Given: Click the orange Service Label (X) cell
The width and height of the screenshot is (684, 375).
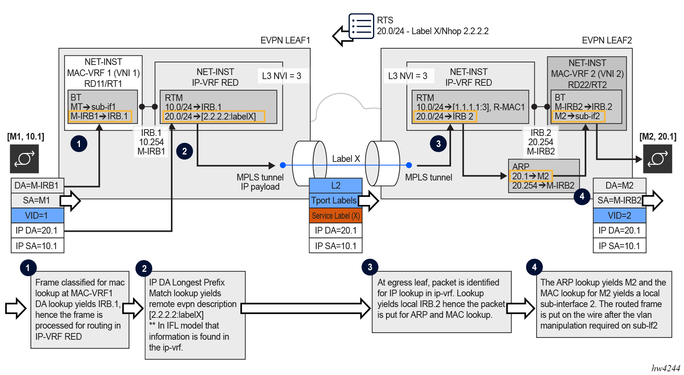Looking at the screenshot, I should click(x=335, y=216).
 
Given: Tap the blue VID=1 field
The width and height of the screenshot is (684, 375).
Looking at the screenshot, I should click(x=37, y=215).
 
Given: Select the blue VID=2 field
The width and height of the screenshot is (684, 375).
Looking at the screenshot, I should click(x=619, y=215).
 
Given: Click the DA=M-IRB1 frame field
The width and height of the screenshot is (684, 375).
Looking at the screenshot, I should click(x=37, y=185).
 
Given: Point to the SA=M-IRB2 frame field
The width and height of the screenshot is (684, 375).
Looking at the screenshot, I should click(x=619, y=200).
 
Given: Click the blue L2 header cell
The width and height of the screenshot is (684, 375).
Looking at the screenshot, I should click(x=335, y=185).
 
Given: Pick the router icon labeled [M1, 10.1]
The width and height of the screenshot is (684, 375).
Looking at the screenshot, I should click(x=24, y=159).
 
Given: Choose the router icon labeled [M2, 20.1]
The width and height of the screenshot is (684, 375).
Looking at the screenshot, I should click(x=657, y=159).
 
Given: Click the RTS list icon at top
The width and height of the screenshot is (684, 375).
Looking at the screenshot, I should click(x=361, y=26).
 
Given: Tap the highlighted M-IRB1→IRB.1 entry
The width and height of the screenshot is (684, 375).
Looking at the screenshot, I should click(x=100, y=116).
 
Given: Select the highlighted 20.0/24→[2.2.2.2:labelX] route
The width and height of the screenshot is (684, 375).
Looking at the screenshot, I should click(x=213, y=117).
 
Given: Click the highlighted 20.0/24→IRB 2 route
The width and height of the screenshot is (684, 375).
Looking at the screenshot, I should click(x=445, y=117).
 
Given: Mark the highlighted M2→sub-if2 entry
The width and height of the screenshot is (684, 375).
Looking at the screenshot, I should click(x=578, y=116).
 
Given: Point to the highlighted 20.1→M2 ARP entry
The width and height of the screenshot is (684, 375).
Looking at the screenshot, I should click(x=531, y=176).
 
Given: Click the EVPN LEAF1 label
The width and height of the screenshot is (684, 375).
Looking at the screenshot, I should click(x=285, y=40).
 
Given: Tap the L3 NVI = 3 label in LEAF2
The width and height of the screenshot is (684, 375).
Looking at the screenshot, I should click(x=408, y=76).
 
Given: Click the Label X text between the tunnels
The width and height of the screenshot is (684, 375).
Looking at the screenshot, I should click(x=346, y=159).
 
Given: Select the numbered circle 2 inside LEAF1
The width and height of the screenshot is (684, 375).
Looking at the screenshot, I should click(x=185, y=151).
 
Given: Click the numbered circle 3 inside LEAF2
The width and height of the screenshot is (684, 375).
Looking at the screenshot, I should click(x=438, y=144).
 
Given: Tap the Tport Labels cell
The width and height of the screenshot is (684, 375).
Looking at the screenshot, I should click(x=334, y=200).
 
